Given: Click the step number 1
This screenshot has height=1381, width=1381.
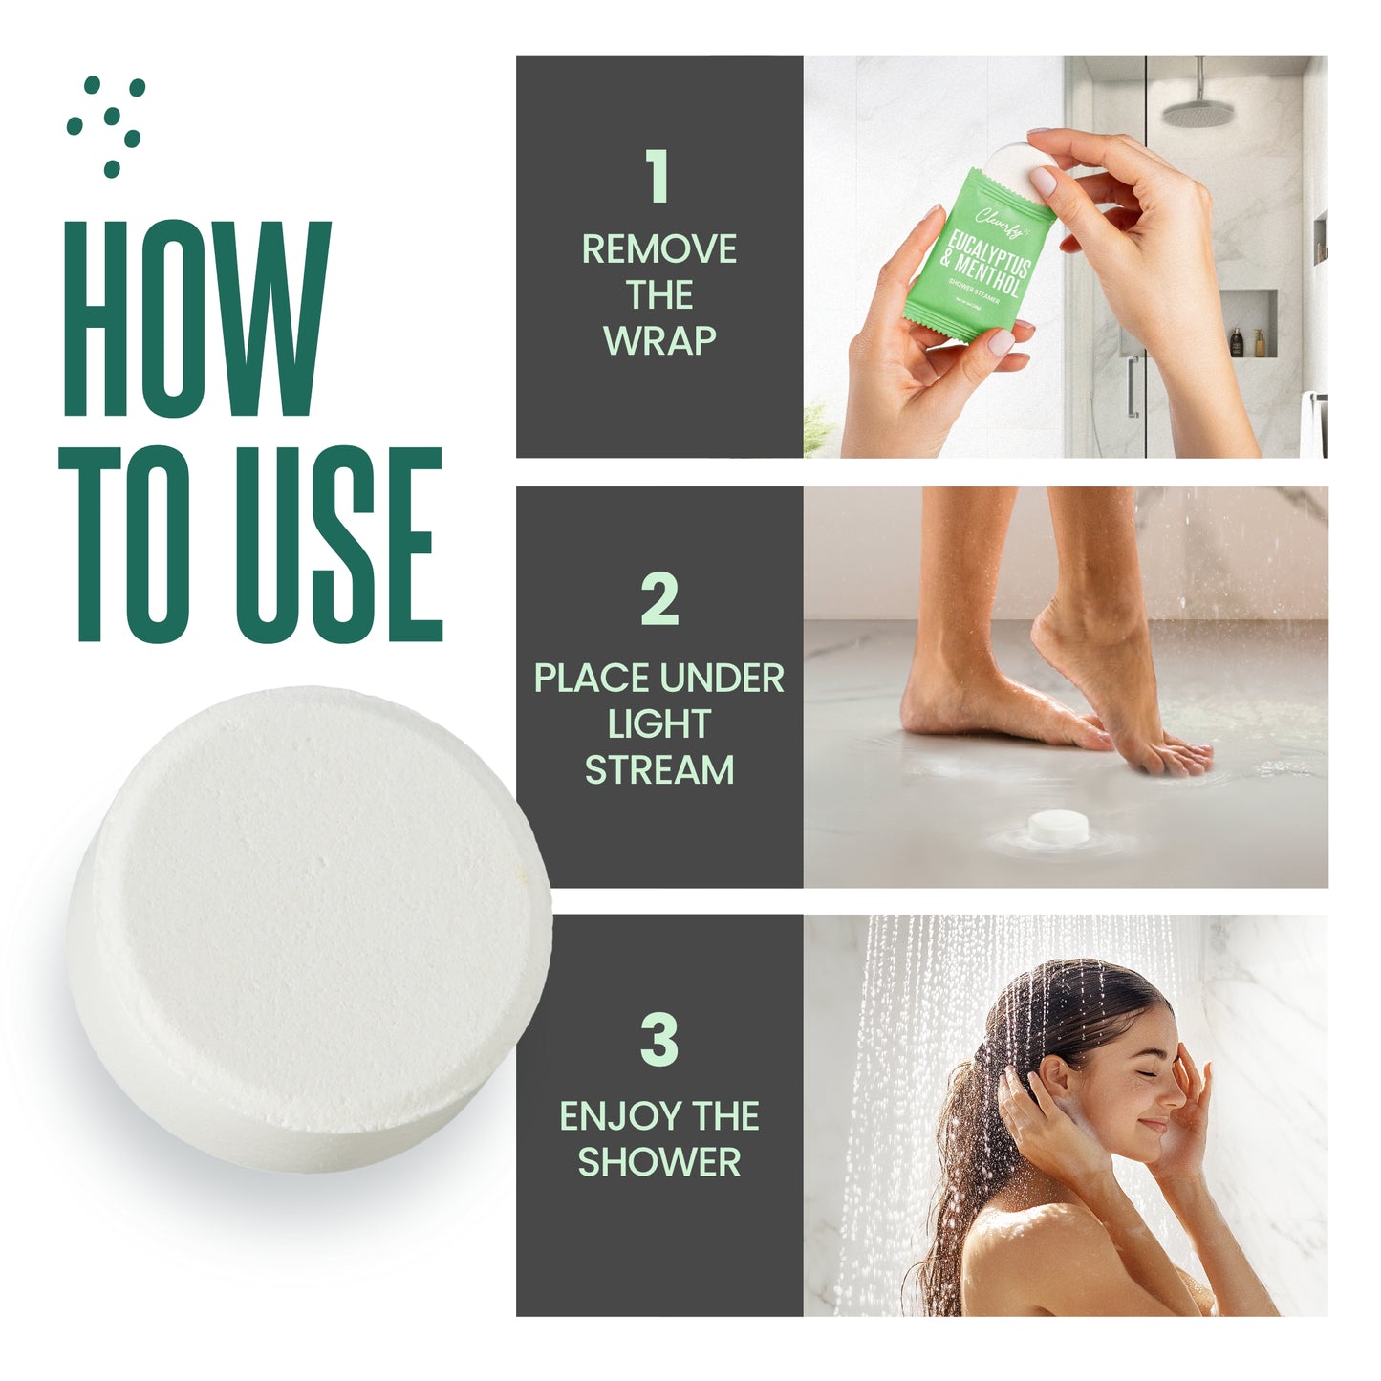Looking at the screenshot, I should (658, 177).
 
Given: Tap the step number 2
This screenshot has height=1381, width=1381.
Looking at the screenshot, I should (659, 600).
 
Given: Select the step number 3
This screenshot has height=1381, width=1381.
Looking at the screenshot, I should (659, 1040).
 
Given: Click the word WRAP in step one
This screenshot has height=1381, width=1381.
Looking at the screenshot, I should (659, 341).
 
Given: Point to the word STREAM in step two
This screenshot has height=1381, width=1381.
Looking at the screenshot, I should (659, 770).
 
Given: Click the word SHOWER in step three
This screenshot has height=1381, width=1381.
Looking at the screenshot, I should (659, 1162).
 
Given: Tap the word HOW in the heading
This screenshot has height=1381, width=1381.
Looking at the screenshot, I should (197, 320).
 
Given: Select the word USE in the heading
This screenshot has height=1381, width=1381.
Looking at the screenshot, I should (339, 545).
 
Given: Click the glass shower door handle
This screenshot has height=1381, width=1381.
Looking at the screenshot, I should (1132, 386).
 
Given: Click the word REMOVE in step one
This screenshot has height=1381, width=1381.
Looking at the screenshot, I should (659, 249).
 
